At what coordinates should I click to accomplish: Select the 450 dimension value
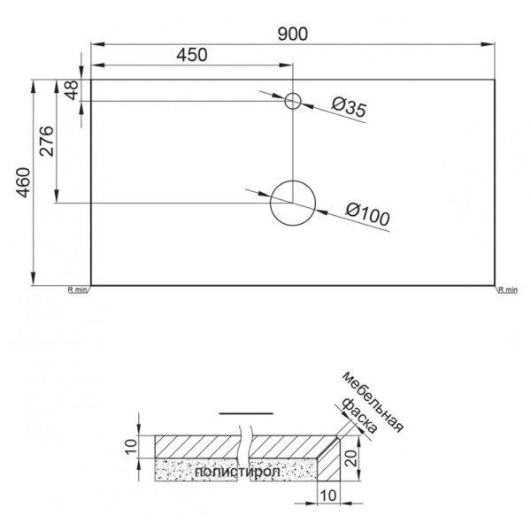click(x=191, y=55)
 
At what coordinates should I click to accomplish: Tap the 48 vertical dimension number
click(x=72, y=90)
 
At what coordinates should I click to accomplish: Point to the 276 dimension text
click(x=47, y=142)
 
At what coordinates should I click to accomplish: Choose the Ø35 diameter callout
click(x=349, y=108)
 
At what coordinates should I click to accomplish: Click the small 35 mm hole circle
click(x=293, y=102)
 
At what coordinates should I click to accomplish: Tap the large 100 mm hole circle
click(x=292, y=204)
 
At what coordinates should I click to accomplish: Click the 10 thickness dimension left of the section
click(x=130, y=445)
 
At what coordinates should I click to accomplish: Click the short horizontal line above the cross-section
click(x=241, y=413)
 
